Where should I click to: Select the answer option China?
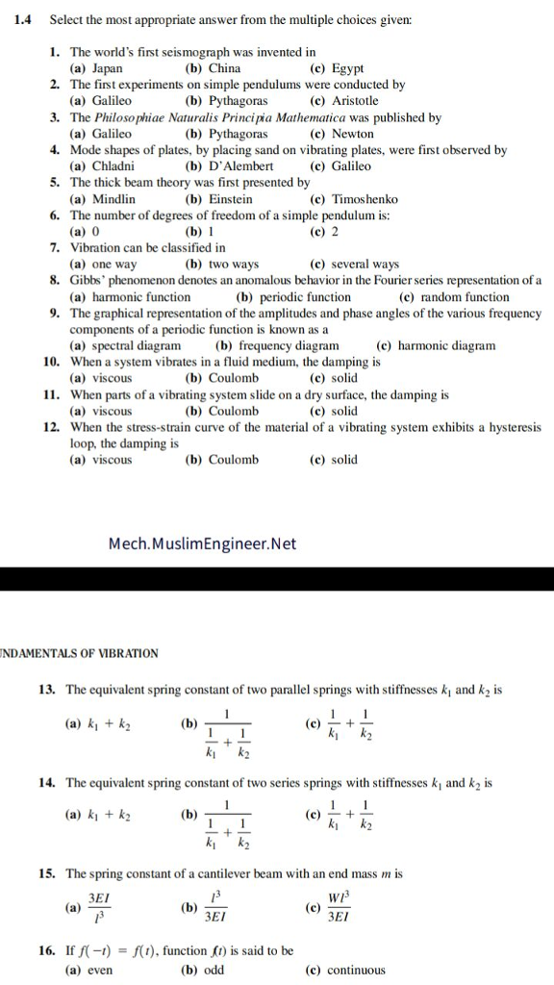224,68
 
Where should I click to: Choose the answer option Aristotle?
355,101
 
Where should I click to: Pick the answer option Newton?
352,134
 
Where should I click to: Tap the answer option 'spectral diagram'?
136,345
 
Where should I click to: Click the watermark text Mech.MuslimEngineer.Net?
202,544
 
